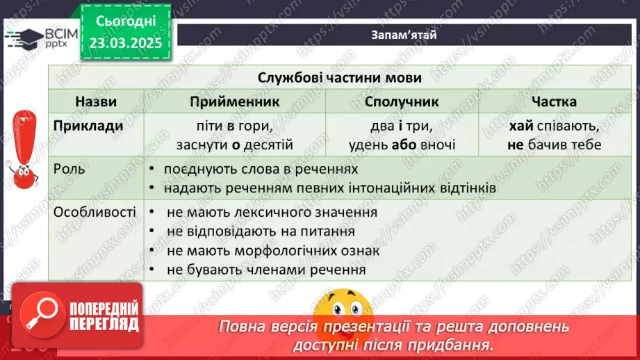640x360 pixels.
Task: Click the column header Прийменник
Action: point(234,101)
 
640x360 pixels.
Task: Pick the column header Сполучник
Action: point(402,101)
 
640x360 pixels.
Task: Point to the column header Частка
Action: point(554,101)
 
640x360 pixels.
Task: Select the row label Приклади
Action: point(88,126)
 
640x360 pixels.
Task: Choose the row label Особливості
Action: point(95,212)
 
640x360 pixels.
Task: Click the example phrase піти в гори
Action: point(234,127)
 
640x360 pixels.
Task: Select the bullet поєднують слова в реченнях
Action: point(261,170)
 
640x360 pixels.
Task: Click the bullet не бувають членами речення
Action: point(266,270)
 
